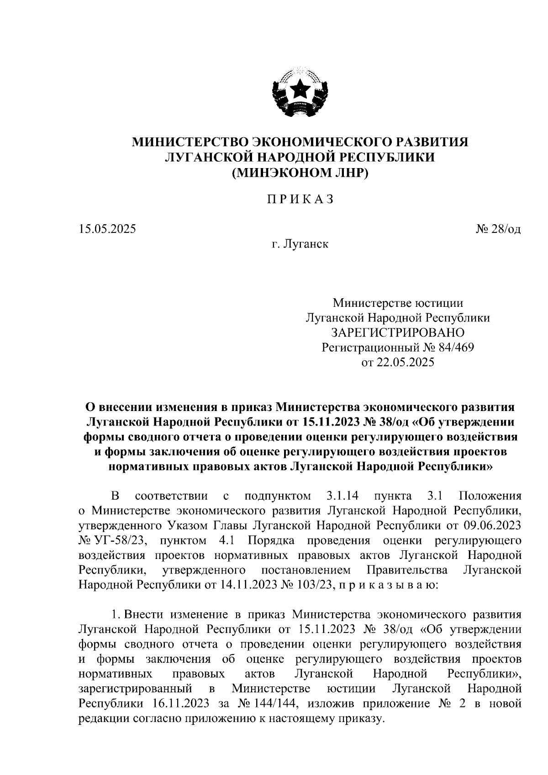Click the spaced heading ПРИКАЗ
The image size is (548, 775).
[x=300, y=200]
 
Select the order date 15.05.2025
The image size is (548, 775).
[x=107, y=229]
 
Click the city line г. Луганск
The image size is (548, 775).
[x=300, y=244]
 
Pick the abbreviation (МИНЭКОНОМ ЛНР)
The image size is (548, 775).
[x=300, y=173]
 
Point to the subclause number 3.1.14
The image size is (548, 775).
[x=342, y=496]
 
